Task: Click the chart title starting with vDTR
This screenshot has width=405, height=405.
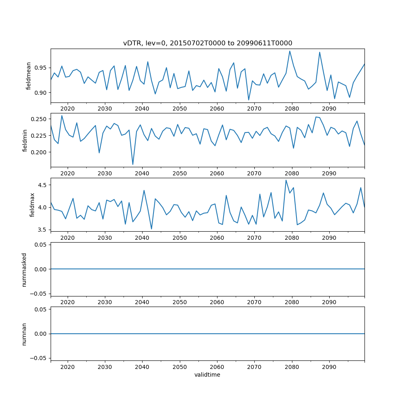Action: (207, 43)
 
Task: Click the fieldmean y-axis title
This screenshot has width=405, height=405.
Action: (28, 76)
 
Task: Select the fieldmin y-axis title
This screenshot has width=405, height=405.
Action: (25, 140)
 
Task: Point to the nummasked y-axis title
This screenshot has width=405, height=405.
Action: (24, 269)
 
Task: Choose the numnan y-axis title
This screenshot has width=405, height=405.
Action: (24, 334)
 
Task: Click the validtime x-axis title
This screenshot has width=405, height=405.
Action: (207, 375)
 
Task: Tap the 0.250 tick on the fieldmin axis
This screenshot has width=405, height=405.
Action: (39, 119)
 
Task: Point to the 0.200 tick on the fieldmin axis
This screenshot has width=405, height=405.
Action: (39, 152)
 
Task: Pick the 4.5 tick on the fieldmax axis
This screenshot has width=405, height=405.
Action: (43, 185)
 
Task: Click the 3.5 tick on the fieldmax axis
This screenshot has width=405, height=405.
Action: (43, 230)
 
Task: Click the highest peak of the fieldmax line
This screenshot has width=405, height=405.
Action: (286, 180)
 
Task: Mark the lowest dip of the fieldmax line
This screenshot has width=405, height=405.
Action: (151, 229)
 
